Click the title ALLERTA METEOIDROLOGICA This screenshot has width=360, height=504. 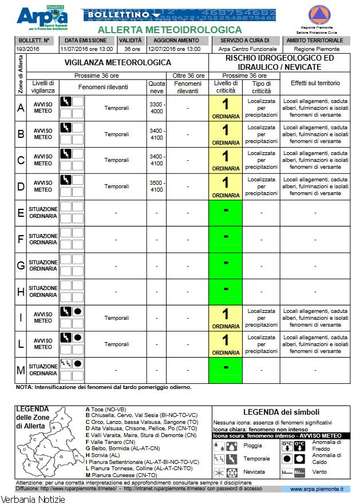click(x=169, y=30)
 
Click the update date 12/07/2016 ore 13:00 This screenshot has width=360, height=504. click(x=174, y=49)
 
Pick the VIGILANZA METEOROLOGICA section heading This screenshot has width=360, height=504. click(x=117, y=62)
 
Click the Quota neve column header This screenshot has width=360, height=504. click(x=156, y=88)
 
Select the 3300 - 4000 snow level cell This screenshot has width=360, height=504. click(x=156, y=108)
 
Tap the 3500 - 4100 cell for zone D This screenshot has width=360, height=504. click(x=156, y=186)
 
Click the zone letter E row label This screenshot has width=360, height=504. click(x=21, y=213)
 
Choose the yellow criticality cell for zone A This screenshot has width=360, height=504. click(x=226, y=108)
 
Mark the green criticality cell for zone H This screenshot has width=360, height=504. click(x=226, y=292)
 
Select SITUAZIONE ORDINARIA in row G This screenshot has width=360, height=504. click(x=43, y=265)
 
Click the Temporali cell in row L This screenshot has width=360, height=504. click(x=116, y=344)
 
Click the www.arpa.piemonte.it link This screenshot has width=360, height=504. click(x=317, y=489)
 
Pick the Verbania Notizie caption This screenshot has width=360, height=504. click(x=33, y=499)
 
